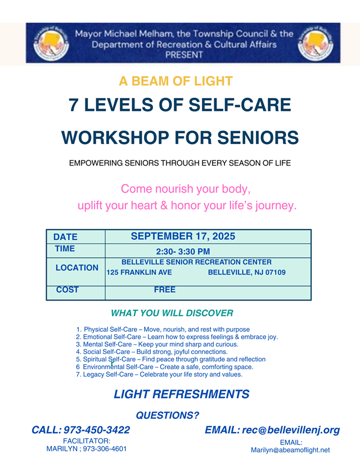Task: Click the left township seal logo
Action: point(51,43)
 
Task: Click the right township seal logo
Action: point(316,43)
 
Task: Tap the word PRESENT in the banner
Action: point(184,55)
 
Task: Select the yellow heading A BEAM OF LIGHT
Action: point(176,81)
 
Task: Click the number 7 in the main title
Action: point(73,105)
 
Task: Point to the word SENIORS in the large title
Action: point(258,137)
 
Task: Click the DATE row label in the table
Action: point(65,237)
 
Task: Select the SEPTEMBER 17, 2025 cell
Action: point(183,236)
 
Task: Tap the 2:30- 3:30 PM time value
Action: point(183,252)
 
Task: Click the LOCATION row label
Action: point(77,268)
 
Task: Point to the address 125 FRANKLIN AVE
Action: point(139,272)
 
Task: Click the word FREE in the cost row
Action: point(165,289)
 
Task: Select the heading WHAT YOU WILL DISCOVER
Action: point(172,313)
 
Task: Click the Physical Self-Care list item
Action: point(163,330)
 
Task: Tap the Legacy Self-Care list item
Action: point(159,374)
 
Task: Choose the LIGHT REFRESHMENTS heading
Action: point(182,394)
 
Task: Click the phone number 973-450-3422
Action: point(97,430)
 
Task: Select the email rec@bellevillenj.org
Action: point(291,430)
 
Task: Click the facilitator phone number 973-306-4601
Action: point(105,449)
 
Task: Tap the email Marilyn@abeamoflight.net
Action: point(290,450)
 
